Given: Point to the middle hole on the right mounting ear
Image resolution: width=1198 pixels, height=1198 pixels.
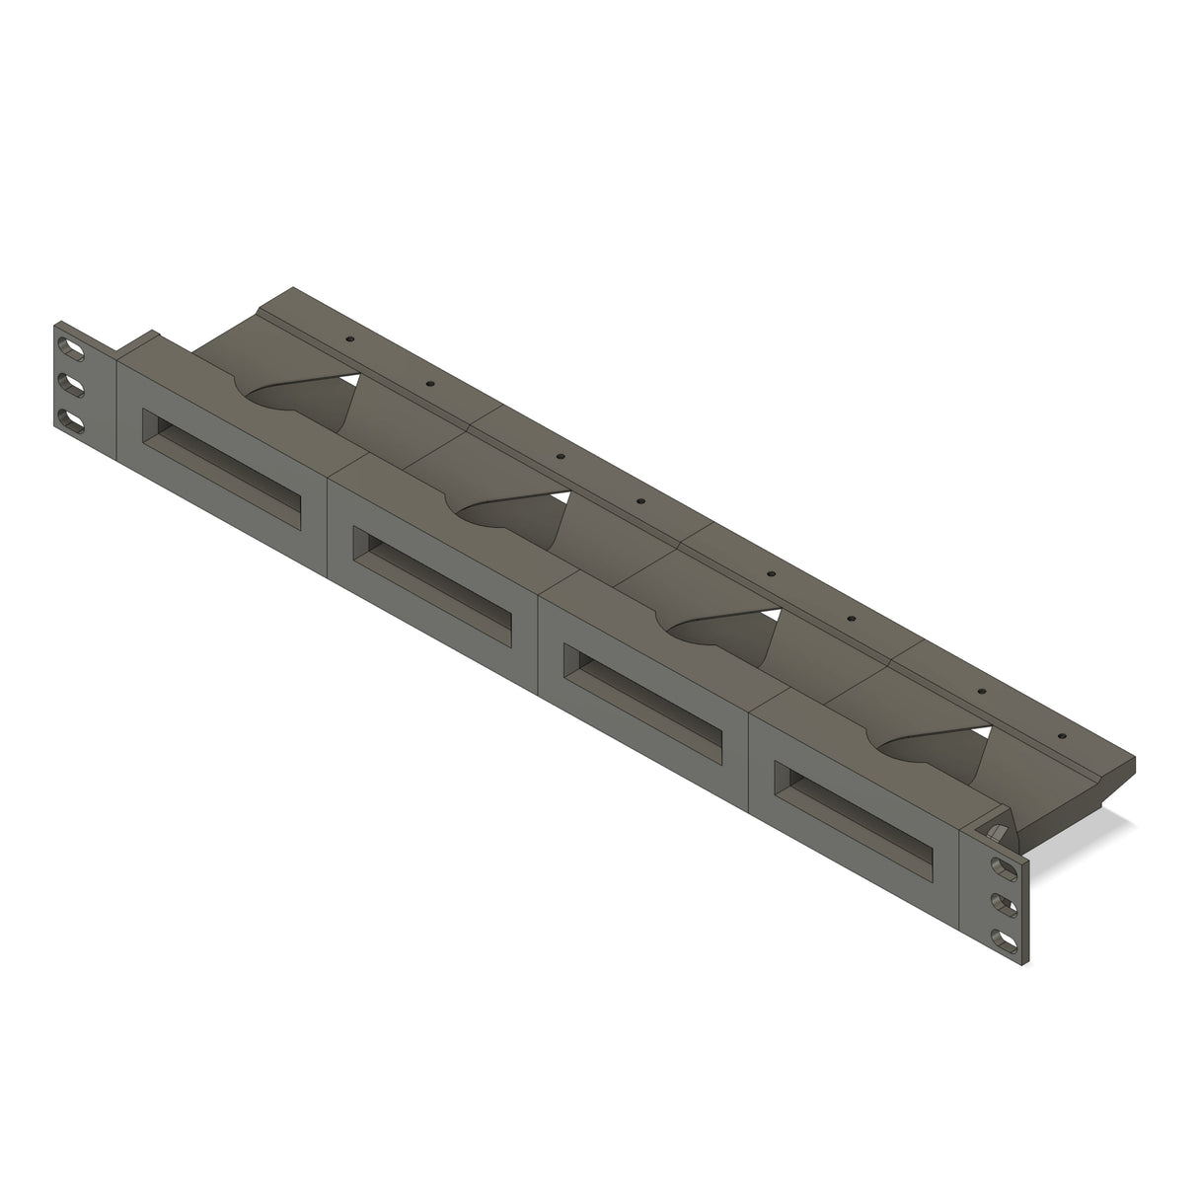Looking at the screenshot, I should pos(1005,903).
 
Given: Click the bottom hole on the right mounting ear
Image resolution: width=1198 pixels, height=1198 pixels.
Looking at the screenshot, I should pos(1005,938).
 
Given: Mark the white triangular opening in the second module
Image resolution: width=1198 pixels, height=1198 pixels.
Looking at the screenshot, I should pos(561,499).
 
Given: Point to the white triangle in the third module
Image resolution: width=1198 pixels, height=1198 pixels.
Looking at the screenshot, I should pos(772,615).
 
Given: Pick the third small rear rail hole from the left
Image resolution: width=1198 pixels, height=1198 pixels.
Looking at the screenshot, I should pos(560,457).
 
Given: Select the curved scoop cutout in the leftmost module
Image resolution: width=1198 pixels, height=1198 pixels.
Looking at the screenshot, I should pos(296,400).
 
